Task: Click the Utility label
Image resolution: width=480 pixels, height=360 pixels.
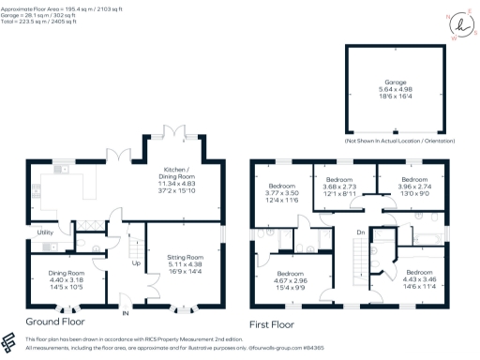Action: click(45, 231)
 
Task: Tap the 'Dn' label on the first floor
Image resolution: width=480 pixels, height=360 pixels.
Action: click(361, 232)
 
